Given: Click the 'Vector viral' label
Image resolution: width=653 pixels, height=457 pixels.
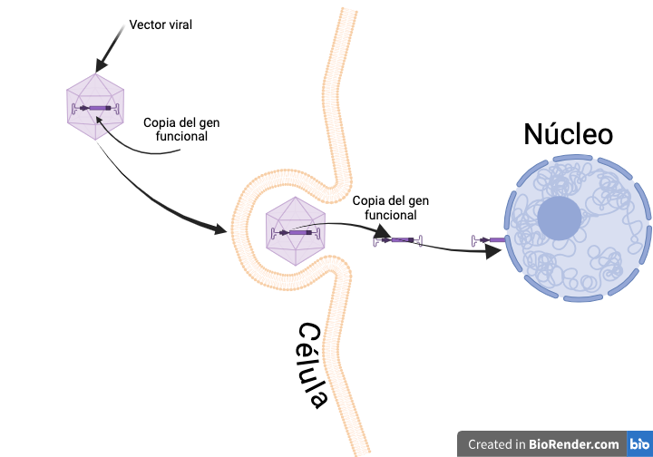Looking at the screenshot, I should pos(161,24).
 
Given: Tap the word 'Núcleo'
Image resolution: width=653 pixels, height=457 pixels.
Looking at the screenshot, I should pos(569,134).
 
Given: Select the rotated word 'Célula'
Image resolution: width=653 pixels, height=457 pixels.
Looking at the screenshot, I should pos(313,365).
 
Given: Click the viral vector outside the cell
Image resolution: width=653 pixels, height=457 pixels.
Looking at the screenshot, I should pos(96,108).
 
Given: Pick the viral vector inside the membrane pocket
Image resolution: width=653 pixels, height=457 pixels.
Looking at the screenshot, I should pos(295,232).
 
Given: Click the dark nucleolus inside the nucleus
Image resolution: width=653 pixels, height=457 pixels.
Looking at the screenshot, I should pos(559,219).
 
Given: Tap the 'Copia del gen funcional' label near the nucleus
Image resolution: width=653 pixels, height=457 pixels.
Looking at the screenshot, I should pos(391,208).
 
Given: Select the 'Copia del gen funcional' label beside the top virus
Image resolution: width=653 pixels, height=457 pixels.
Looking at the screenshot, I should pos(181,129).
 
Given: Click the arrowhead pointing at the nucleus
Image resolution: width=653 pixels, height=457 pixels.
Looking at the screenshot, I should pos(493,251).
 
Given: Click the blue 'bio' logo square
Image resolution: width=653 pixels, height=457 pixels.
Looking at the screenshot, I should pos(639,444).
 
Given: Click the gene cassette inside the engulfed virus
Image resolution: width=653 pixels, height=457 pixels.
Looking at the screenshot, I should pos(295,233).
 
